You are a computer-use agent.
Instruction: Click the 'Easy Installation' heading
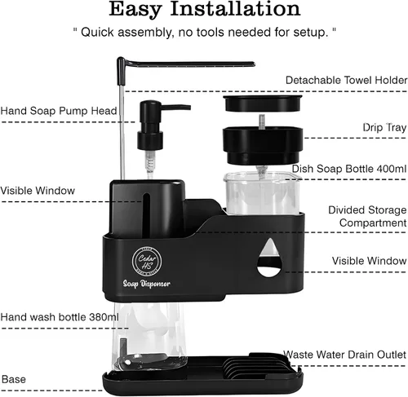(x=205, y=10)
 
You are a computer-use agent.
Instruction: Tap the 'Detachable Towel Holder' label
(x=346, y=80)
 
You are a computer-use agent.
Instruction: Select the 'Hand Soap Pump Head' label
(x=59, y=111)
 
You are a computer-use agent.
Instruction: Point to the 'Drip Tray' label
(x=384, y=127)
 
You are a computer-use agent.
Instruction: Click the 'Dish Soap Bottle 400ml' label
(x=349, y=169)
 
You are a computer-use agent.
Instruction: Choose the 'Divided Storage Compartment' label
(x=367, y=216)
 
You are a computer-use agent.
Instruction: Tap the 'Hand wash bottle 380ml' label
(x=60, y=317)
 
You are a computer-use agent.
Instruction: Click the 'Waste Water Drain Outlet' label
(x=344, y=355)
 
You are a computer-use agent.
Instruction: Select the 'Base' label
(x=14, y=379)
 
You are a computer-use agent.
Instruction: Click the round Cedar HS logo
(x=147, y=261)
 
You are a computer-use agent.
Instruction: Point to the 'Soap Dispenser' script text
(x=147, y=284)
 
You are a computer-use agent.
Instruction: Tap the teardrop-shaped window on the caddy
(x=269, y=258)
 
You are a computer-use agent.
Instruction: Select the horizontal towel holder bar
(x=188, y=64)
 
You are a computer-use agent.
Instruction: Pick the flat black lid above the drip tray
(x=263, y=103)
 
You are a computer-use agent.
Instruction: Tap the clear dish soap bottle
(x=262, y=193)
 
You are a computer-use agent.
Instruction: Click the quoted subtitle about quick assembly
(x=205, y=33)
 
